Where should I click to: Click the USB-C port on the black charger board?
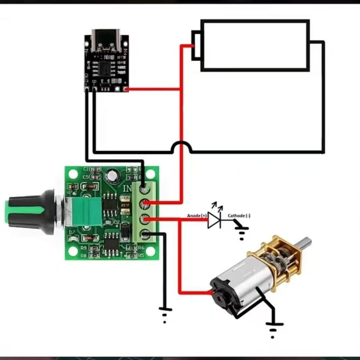106,42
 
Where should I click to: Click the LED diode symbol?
214,220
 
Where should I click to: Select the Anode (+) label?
197,215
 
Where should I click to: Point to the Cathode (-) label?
239,216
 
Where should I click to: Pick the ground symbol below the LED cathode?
242,233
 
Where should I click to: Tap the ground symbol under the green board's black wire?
165,313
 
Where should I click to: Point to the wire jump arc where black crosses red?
182,147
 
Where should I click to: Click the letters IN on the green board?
128,188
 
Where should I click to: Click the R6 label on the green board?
141,247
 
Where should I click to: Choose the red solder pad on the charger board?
126,89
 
